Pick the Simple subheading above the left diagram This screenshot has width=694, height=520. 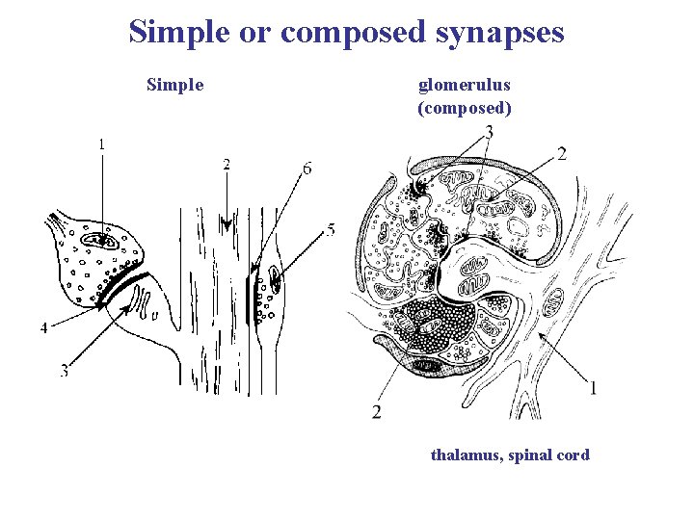point(174,85)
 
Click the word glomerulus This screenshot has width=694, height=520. point(464,85)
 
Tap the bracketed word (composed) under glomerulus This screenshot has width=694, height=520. point(464,107)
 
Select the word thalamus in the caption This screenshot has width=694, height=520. point(464,455)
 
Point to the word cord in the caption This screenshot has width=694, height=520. point(573,455)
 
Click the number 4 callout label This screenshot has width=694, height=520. point(42,328)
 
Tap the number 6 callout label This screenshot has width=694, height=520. point(307,169)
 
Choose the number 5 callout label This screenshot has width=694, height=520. point(331,230)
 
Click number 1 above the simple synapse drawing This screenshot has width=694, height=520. point(101,144)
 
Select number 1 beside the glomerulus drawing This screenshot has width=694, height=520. point(592,388)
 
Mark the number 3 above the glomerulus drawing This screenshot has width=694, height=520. point(489,132)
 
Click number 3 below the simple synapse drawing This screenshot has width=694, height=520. point(64,371)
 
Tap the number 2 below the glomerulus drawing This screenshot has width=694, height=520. point(376,413)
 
